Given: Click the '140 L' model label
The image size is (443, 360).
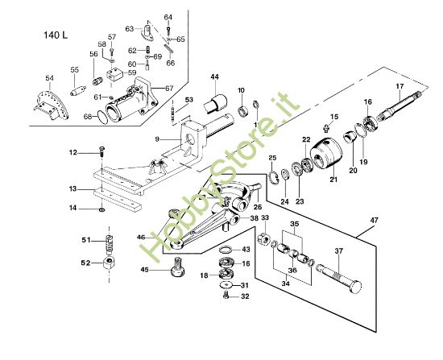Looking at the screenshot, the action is (x=56, y=35).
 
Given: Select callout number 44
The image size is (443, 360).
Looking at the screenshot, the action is (x=214, y=77).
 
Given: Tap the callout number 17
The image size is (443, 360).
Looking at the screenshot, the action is (x=400, y=86).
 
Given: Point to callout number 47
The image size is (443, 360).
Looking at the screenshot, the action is (x=374, y=221).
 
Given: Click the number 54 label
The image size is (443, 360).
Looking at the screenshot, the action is (x=49, y=78).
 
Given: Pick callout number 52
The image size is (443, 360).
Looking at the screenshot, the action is (x=86, y=263).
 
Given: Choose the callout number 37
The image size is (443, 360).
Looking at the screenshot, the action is (x=339, y=251).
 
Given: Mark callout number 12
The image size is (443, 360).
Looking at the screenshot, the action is (x=73, y=152).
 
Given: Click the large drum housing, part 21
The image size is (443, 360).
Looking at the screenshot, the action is (x=326, y=153).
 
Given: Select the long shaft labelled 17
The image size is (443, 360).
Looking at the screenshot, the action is (x=399, y=107).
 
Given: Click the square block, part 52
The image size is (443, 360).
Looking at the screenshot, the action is (x=109, y=263).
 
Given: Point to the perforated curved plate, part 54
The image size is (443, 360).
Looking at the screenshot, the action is (x=51, y=106).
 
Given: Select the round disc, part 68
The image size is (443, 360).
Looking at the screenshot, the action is (x=102, y=117).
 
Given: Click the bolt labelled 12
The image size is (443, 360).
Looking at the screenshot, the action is (x=101, y=151).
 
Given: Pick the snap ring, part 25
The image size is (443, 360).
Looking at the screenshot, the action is (x=274, y=179).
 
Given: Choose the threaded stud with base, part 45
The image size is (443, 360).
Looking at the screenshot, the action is (x=178, y=267).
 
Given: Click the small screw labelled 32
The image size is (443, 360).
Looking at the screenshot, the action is (x=226, y=296).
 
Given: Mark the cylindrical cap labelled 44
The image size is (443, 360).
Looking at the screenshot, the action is (x=216, y=104).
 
